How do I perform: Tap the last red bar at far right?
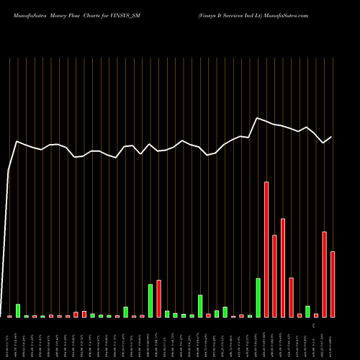point(333,284)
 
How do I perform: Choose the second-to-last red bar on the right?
point(324,274)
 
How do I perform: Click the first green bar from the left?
point(18,310)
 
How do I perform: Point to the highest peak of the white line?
point(258,117)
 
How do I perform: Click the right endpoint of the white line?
point(332,137)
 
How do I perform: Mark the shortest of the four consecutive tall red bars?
point(291,297)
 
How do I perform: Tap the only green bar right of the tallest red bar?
point(307,311)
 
